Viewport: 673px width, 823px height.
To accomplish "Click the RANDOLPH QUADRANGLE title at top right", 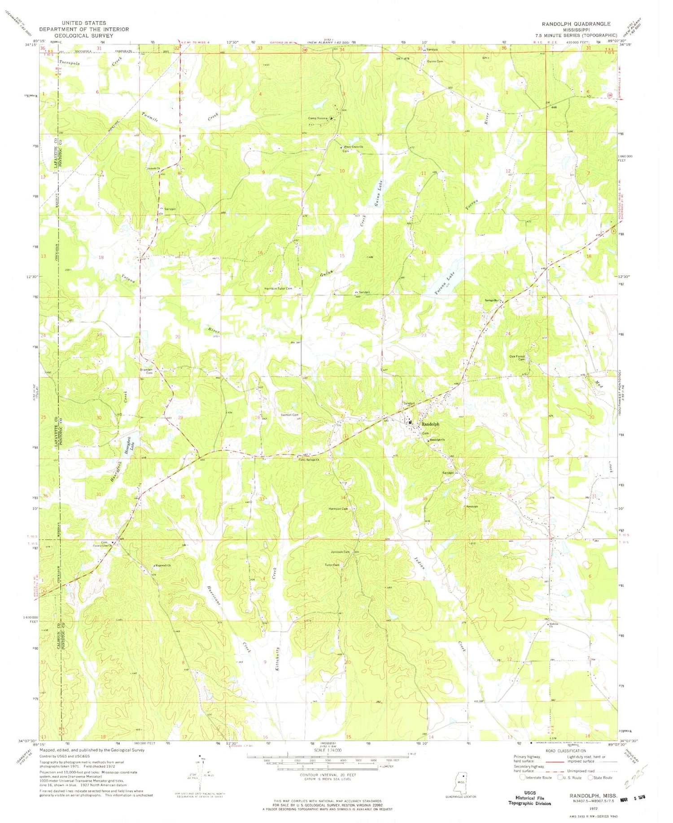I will tap(576, 24).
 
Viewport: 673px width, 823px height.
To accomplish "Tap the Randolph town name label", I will tap(430, 424).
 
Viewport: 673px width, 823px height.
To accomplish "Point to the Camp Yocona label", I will tap(317, 119).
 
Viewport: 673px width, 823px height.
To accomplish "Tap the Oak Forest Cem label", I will tap(517, 358).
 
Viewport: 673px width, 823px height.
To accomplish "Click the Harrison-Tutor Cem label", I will tap(278, 288).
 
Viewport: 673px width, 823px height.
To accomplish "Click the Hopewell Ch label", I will tap(162, 565).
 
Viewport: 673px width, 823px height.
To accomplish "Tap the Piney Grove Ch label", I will tap(353, 147).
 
